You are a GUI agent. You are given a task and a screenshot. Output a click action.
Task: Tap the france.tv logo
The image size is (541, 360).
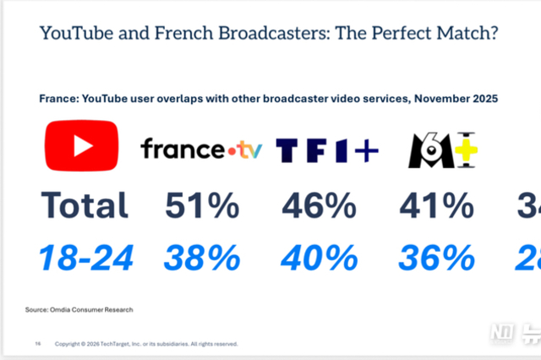coord(201,150)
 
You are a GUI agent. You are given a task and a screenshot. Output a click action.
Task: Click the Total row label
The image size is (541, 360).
coord(85,205)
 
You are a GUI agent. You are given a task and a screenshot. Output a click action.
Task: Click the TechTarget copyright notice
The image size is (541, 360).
coord(146,345)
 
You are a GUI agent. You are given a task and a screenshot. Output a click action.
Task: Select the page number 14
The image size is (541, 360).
coord(37,345)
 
